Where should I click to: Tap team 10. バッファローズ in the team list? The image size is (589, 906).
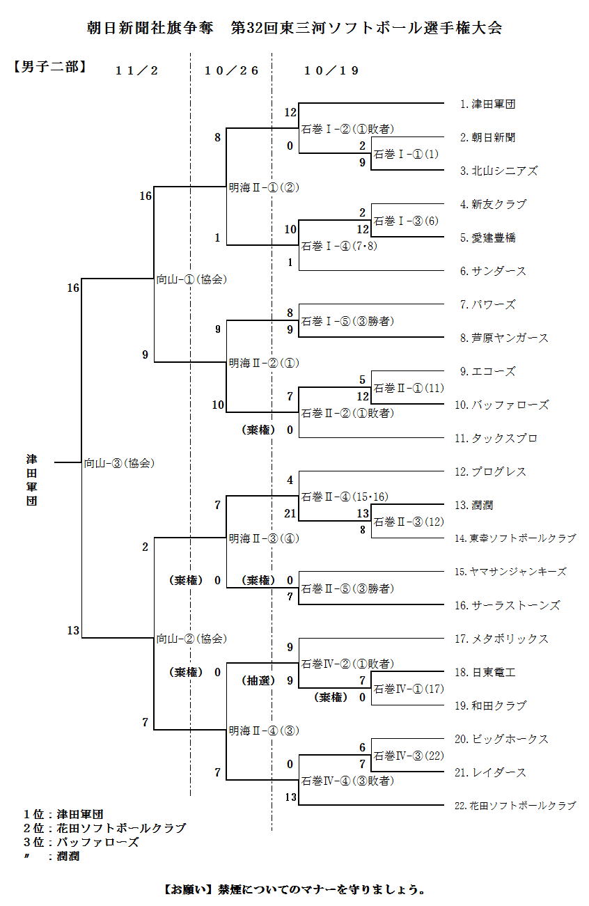(501, 405)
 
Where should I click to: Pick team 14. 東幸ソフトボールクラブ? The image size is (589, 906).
(515, 538)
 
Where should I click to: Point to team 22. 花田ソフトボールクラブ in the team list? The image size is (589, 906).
(515, 806)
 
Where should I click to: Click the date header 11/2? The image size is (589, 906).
(137, 70)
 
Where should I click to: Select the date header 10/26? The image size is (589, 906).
(232, 70)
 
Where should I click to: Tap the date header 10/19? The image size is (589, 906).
(331, 70)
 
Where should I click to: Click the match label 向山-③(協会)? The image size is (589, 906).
(119, 463)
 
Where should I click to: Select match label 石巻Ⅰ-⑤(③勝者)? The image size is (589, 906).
(347, 322)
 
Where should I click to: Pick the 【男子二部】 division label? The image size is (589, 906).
(49, 68)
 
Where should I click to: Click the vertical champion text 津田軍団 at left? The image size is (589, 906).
(32, 480)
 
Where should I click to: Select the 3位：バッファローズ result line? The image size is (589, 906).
(81, 842)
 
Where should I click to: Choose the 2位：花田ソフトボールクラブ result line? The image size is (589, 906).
(104, 828)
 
